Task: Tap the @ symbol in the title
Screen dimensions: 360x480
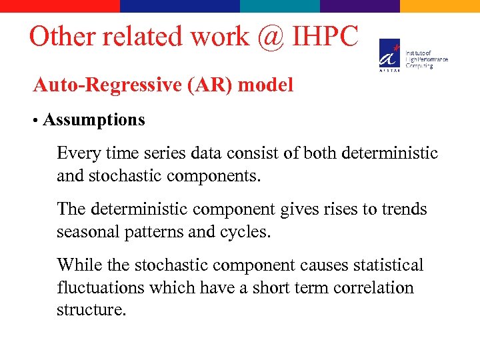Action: click(269, 37)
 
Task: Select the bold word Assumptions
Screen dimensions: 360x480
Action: click(93, 120)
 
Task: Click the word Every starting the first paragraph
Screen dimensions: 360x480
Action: click(78, 153)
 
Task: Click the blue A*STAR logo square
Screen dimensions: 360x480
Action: click(390, 53)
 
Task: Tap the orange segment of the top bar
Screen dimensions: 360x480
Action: click(440, 5)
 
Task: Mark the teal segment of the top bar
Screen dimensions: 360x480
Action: click(280, 5)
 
